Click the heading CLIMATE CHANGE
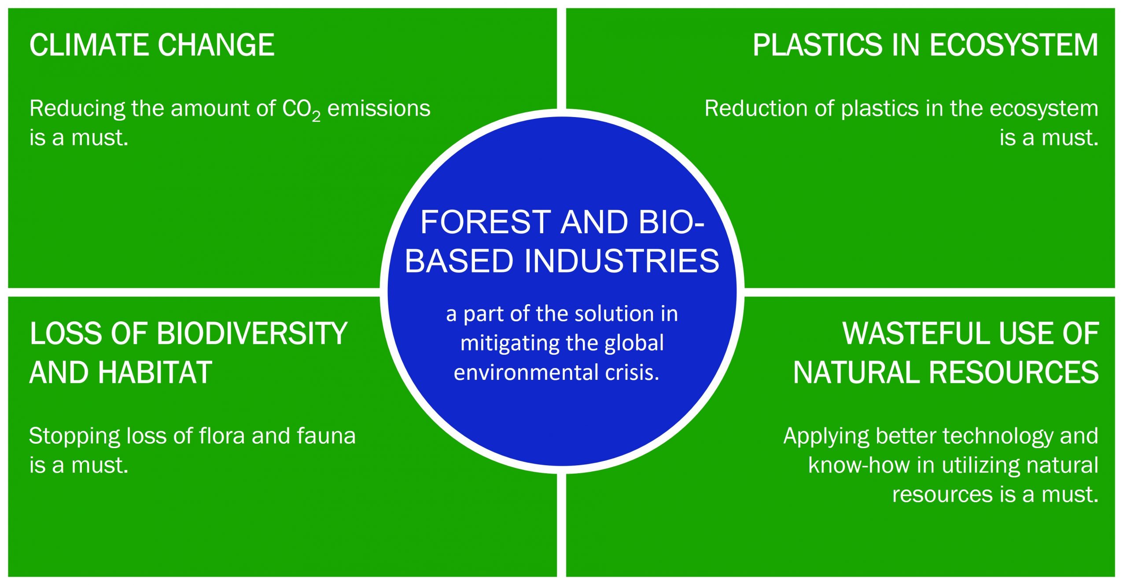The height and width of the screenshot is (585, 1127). tap(152, 45)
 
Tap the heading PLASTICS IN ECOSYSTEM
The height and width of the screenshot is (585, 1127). tap(925, 45)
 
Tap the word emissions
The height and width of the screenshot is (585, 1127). tap(379, 108)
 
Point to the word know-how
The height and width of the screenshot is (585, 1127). tap(858, 465)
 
